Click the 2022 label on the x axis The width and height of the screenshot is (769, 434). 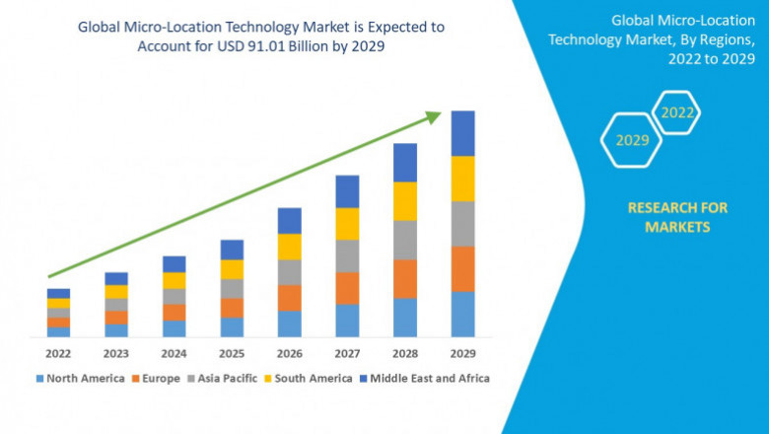coord(58,352)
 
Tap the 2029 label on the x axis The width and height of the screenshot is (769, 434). coord(462,352)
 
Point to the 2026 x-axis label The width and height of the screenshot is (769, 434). coord(289,352)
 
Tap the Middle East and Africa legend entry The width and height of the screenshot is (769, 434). coord(426,378)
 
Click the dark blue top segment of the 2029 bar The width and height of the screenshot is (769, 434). coord(462,133)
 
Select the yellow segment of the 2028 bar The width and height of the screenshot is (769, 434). coord(405,201)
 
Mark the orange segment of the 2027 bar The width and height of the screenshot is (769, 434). coord(347,288)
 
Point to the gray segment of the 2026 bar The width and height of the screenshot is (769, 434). coord(289,272)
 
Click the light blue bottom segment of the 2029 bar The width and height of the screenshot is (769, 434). coord(462,314)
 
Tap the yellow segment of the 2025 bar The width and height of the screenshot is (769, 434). coord(232,269)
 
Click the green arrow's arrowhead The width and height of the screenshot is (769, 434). coord(433,117)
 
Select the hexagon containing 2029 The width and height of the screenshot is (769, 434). coord(632,140)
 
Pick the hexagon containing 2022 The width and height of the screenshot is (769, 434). coord(677,113)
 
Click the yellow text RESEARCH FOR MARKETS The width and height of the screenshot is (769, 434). coord(677,217)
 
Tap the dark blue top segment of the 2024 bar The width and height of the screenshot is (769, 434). coord(174,263)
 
